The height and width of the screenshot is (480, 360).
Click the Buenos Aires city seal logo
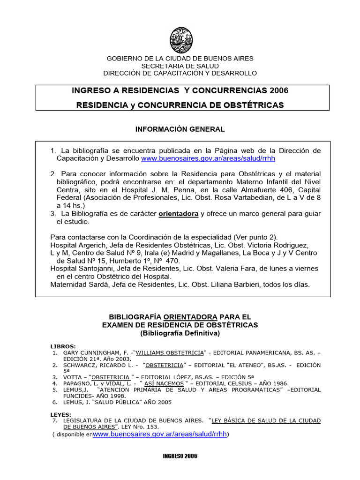click(180, 40)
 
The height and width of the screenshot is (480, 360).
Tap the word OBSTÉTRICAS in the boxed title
click(253, 105)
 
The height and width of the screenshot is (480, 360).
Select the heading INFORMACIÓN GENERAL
click(180, 128)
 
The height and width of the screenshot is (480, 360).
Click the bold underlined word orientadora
click(179, 214)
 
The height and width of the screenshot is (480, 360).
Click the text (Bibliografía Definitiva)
click(180, 333)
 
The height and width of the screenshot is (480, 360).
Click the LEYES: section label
click(61, 414)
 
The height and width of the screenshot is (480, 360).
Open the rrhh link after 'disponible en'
click(160, 435)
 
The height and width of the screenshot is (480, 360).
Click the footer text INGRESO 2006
click(180, 456)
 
